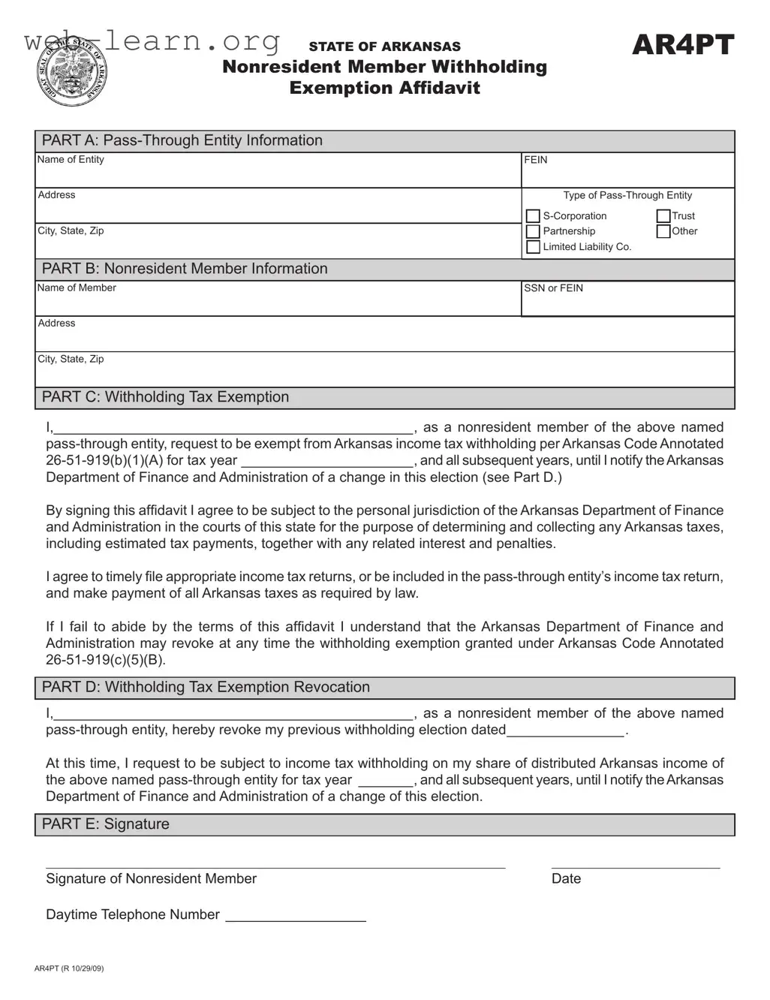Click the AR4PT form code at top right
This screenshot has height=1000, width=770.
click(x=682, y=46)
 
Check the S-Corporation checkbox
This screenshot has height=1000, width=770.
click(x=533, y=216)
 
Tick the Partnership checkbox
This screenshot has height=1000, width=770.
click(x=533, y=232)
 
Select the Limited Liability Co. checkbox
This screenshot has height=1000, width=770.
click(x=533, y=247)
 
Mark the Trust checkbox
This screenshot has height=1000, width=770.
click(x=663, y=216)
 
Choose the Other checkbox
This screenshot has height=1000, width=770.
click(x=663, y=232)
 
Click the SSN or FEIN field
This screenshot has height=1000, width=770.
click(x=627, y=303)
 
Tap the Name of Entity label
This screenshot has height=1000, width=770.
click(x=71, y=160)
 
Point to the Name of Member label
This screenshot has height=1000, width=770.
click(x=77, y=288)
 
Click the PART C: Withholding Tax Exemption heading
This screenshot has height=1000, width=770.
click(x=165, y=397)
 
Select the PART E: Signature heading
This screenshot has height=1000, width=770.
click(x=106, y=824)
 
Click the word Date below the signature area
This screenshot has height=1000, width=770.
click(x=566, y=879)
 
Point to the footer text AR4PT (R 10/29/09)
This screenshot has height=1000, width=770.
click(x=69, y=968)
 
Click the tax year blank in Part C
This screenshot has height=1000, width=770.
click(x=327, y=461)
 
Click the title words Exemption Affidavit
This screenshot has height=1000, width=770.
click(x=384, y=89)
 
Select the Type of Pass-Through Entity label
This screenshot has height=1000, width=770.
click(x=627, y=195)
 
